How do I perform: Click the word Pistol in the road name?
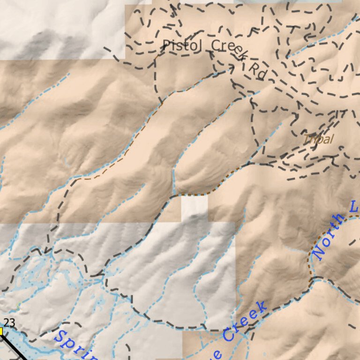coord(183,45)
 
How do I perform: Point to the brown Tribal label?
coord(319,139)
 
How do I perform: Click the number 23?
coord(9,322)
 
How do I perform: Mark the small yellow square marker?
coord(1,331)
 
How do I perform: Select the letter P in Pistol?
coord(166,45)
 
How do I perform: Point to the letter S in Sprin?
coord(60,337)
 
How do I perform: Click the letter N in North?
coord(319,254)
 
